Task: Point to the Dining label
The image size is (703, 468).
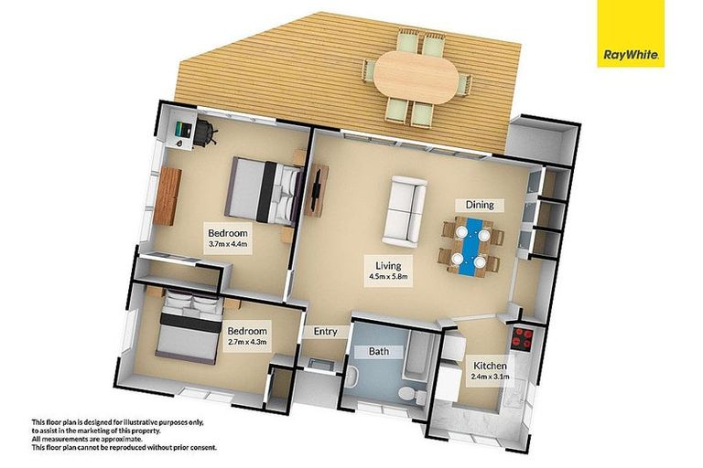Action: coord(479,205)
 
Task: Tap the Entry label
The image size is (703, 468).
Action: coord(326,332)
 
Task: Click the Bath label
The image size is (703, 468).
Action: coord(379,351)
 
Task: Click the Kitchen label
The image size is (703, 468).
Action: coord(488,366)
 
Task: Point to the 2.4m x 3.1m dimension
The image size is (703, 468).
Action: coord(488,377)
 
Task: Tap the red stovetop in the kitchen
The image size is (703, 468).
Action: coord(523,340)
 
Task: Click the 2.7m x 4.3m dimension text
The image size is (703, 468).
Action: coord(247,342)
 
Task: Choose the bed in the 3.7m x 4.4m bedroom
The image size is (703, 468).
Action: coord(265,190)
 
